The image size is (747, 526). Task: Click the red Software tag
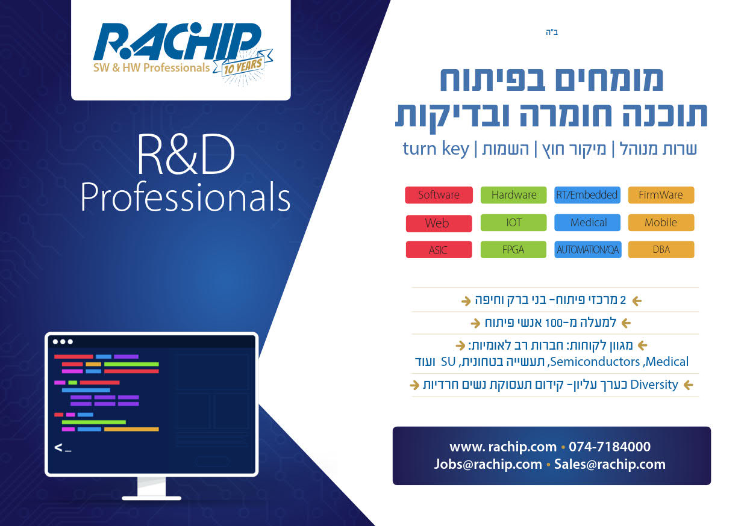[439, 195]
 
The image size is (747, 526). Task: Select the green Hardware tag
[513, 195]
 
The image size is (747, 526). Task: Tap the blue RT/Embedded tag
[587, 195]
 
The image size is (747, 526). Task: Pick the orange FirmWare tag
[661, 195]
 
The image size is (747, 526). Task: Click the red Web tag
[439, 223]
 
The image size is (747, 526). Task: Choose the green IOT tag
[513, 223]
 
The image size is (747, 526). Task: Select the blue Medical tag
[587, 223]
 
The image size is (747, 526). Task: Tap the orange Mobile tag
[661, 223]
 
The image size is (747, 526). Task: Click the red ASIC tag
[439, 250]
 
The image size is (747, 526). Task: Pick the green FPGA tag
[513, 250]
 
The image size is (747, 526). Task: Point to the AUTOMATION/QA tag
[588, 250]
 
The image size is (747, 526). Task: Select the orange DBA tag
[661, 250]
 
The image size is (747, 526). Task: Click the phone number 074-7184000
[610, 447]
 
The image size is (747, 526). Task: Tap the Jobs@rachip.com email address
[488, 465]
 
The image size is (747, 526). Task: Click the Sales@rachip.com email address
[610, 465]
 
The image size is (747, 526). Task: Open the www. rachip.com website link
[503, 447]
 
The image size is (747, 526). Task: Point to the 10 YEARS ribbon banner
[243, 64]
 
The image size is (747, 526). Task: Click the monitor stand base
[152, 498]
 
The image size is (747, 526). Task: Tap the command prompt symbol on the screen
[63, 448]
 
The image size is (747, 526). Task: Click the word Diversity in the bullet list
[654, 385]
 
